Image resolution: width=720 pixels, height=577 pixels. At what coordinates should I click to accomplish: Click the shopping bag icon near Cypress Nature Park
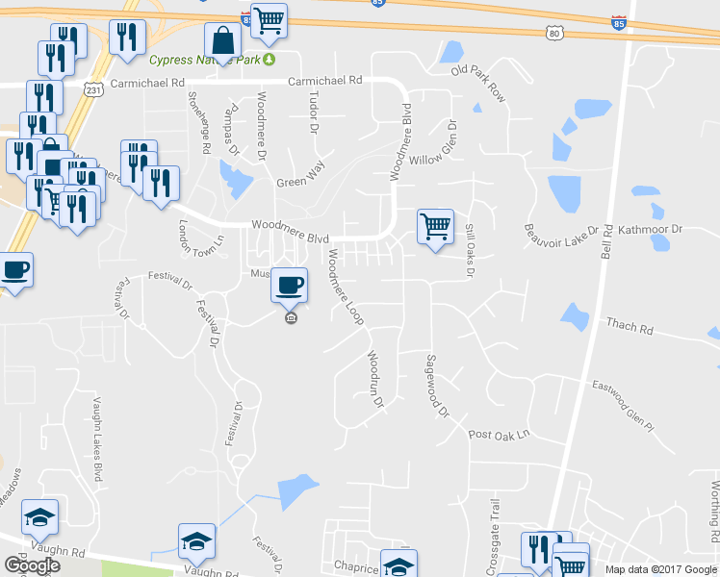(223, 41)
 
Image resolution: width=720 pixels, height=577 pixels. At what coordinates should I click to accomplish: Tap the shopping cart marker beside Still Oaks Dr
(435, 227)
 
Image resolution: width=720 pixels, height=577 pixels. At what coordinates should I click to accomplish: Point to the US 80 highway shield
(553, 33)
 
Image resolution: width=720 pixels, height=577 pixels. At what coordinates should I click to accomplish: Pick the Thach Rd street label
(630, 327)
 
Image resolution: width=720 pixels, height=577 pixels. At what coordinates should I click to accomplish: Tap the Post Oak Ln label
(500, 435)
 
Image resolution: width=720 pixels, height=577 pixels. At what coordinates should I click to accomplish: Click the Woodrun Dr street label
(375, 378)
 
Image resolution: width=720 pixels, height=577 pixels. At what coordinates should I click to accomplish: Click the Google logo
(32, 564)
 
